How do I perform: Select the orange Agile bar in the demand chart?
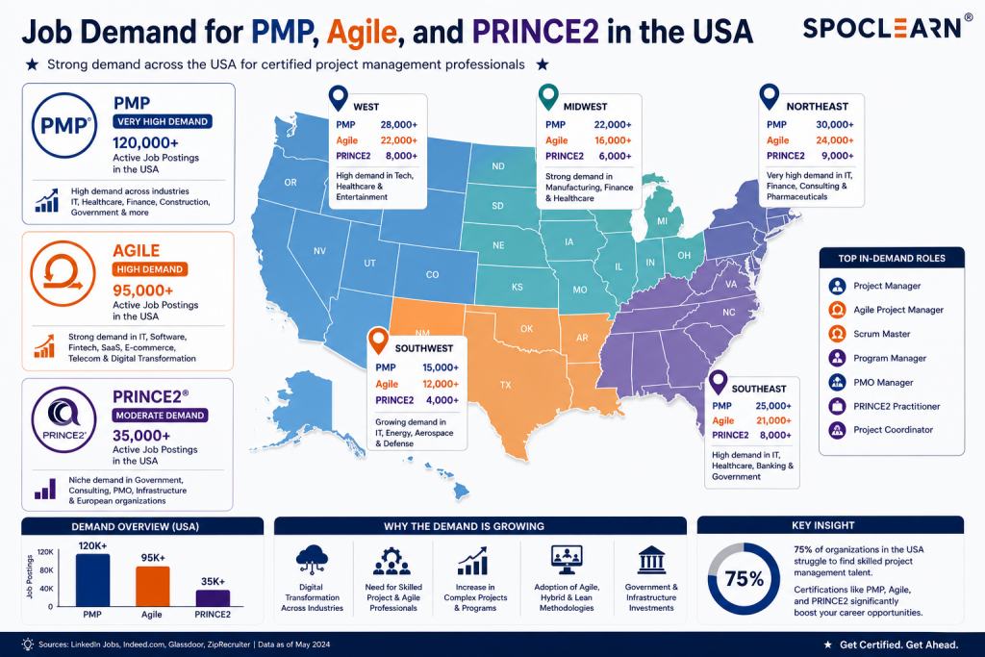153,586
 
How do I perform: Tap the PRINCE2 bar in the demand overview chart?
213,598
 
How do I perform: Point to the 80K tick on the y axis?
46,570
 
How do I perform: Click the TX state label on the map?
506,385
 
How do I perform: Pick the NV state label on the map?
319,251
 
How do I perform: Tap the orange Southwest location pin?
378,341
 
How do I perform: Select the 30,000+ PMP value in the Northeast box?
834,124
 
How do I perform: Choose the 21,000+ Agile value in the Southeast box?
773,420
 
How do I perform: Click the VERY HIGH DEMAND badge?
163,121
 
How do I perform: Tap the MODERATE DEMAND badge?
161,416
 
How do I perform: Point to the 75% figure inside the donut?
745,578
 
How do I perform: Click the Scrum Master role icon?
837,334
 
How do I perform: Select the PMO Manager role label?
883,383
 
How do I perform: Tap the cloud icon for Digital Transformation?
313,559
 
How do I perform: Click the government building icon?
651,560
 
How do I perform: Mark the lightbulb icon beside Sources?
28,644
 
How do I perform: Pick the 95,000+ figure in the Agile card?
142,291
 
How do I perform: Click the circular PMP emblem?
64,125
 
